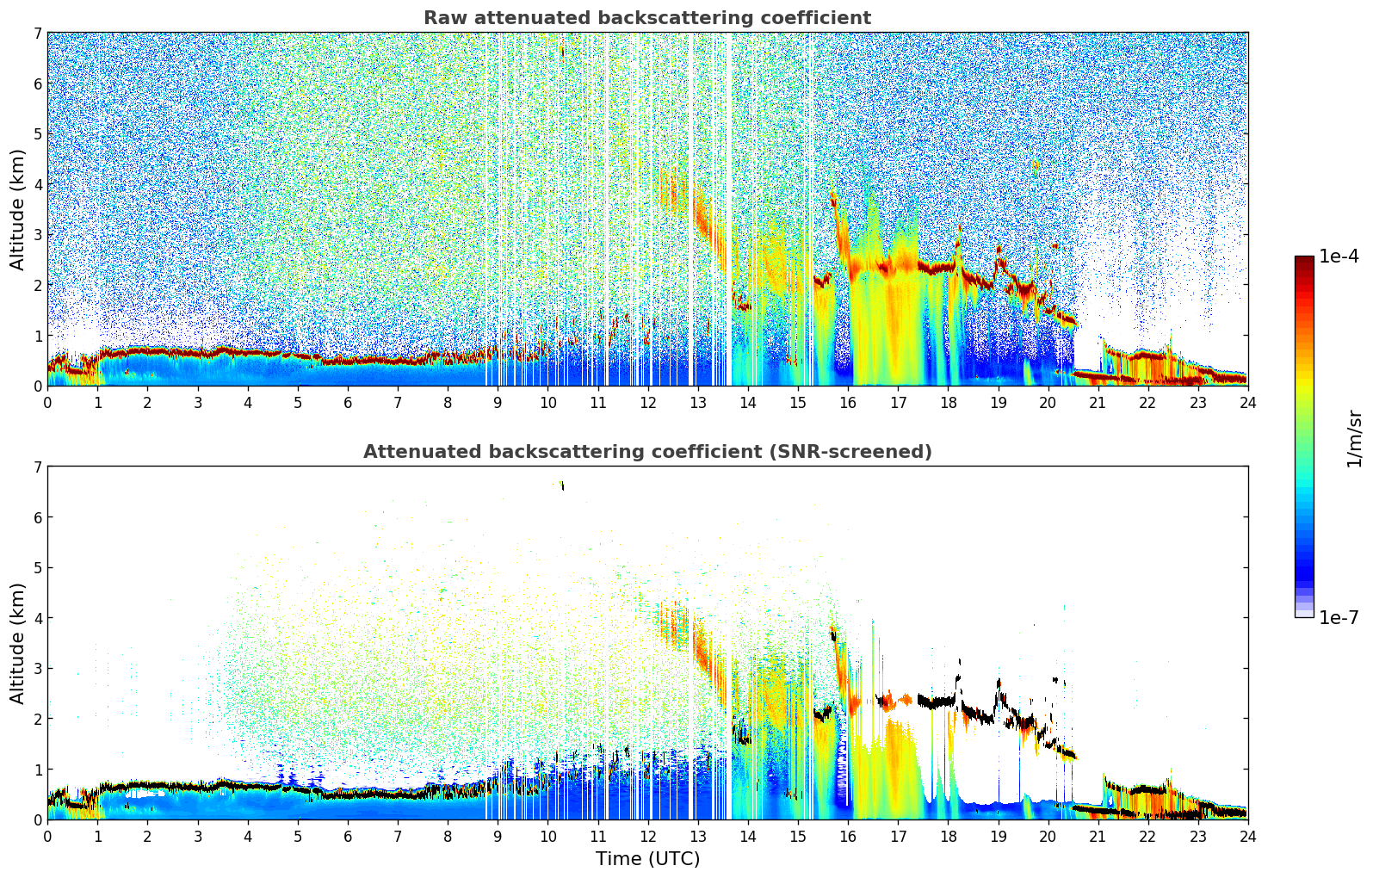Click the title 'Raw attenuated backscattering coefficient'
pos(646,18)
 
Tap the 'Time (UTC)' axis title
pos(647,859)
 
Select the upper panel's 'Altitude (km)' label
pos(18,209)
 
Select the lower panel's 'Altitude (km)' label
pos(18,643)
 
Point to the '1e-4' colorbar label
pos(1339,257)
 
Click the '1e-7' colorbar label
pos(1339,617)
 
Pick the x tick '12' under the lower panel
pos(647,836)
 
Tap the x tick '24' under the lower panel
pos(1247,836)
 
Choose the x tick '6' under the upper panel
pos(348,402)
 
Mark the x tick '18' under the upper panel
pos(948,402)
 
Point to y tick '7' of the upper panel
pos(37,34)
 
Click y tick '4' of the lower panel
pos(37,618)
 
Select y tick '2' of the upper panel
pos(37,285)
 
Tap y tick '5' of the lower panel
pos(37,568)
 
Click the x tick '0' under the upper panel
pos(47,402)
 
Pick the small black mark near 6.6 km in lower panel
pos(562,486)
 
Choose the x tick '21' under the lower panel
pos(1098,836)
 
